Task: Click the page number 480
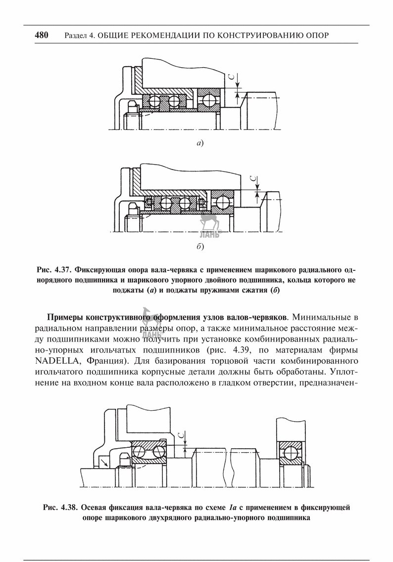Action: pos(42,35)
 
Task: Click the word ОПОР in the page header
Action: pos(318,36)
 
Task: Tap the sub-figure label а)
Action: pos(199,144)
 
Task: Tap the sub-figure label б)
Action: pos(200,246)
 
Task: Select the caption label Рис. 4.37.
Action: pos(52,270)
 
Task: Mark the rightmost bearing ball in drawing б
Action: pos(221,203)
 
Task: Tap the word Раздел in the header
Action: pos(74,36)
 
